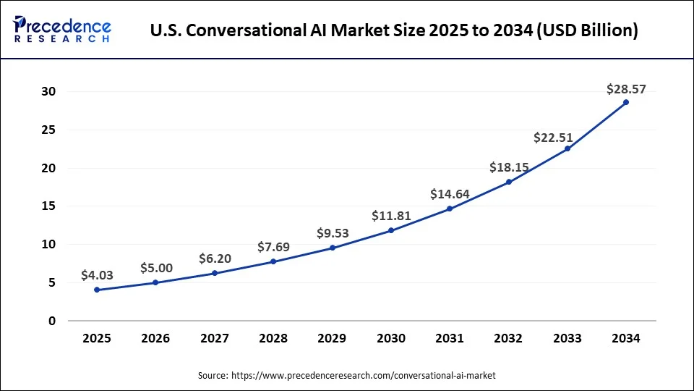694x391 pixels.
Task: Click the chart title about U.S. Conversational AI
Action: tap(394, 31)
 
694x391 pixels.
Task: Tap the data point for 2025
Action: tap(97, 290)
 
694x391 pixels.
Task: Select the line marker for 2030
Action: tap(391, 230)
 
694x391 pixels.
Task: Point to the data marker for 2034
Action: tap(626, 102)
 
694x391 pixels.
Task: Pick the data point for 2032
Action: tap(509, 182)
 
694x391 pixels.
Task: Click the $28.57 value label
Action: tap(626, 89)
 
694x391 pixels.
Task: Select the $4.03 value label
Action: tap(97, 274)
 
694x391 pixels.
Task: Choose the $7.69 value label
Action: tap(273, 247)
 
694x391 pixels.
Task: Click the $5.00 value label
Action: tap(155, 267)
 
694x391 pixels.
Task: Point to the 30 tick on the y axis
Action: tap(48, 92)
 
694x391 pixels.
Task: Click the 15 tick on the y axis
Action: tap(48, 206)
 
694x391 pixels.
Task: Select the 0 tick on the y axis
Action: tap(51, 321)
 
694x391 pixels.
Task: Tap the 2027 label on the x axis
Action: tap(215, 338)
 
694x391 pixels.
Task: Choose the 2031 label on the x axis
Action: tap(450, 338)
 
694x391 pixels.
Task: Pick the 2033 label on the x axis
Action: tap(567, 338)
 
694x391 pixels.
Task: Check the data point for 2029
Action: tap(333, 248)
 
